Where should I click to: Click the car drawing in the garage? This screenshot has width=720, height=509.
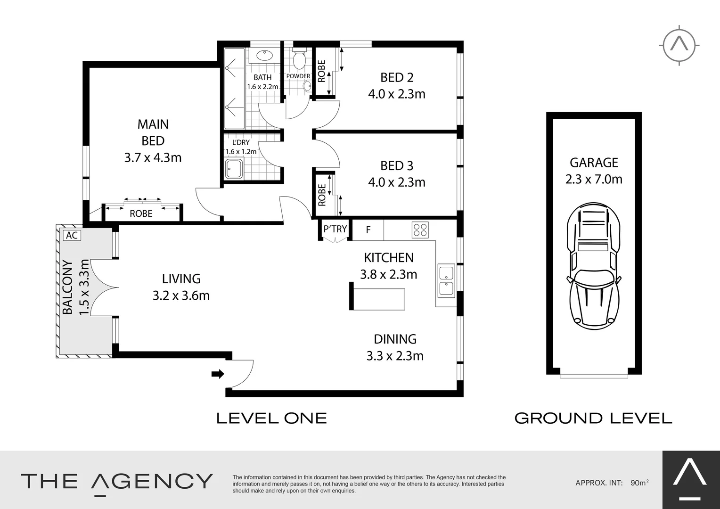coord(593,266)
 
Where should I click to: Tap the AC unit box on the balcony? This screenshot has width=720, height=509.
coord(72,235)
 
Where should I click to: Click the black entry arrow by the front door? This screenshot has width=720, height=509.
coord(218,374)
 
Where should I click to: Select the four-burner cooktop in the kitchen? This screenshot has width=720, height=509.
coord(420,230)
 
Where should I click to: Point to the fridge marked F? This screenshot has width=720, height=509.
coord(368,230)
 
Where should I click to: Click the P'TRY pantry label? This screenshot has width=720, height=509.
coord(335,229)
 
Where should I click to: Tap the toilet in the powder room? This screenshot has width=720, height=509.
coord(299,58)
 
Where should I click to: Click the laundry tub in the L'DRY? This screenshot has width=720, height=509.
coord(234,169)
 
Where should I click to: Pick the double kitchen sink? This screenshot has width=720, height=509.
coord(446,281)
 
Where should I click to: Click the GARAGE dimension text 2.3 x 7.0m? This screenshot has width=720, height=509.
coord(594,180)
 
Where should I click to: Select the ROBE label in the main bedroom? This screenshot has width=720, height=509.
coord(141,213)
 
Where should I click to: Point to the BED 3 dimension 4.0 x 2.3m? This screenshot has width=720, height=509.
coord(397,182)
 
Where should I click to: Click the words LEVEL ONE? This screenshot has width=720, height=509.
coord(271,418)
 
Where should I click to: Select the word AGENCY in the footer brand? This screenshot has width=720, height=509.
coord(151,482)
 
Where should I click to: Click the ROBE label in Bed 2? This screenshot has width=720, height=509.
coord(322,71)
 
